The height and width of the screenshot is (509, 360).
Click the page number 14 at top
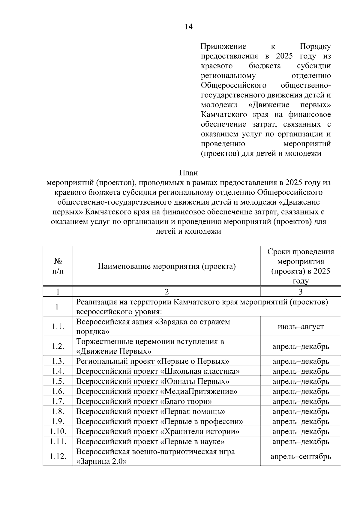pyautogui.click(x=188, y=27)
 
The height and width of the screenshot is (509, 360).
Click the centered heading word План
pyautogui.click(x=188, y=173)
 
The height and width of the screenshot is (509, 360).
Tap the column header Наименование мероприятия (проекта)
pyautogui.click(x=166, y=266)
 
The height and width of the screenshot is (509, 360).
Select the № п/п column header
pyautogui.click(x=58, y=266)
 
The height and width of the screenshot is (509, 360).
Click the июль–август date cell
pyautogui.click(x=301, y=327)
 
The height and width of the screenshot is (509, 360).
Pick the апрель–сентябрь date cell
pyautogui.click(x=301, y=457)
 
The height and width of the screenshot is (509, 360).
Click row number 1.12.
pyautogui.click(x=58, y=457)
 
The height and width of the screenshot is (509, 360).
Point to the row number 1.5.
pyautogui.click(x=58, y=381)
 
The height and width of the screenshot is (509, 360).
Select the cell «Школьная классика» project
pyautogui.click(x=158, y=371)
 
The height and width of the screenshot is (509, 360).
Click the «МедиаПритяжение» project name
pyautogui.click(x=157, y=391)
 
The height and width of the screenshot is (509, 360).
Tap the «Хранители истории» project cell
pyautogui.click(x=158, y=432)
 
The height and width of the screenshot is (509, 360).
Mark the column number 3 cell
pyautogui.click(x=301, y=292)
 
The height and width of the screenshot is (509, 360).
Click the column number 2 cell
pyautogui.click(x=166, y=292)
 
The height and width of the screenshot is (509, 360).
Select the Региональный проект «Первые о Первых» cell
pyautogui.click(x=153, y=361)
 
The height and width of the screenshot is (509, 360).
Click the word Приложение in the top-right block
pyautogui.click(x=223, y=46)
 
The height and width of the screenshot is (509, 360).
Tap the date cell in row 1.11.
pyautogui.click(x=301, y=442)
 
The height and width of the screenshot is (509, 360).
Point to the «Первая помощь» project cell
pyautogui.click(x=151, y=412)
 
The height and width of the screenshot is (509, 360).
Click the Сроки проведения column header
pyautogui.click(x=301, y=266)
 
